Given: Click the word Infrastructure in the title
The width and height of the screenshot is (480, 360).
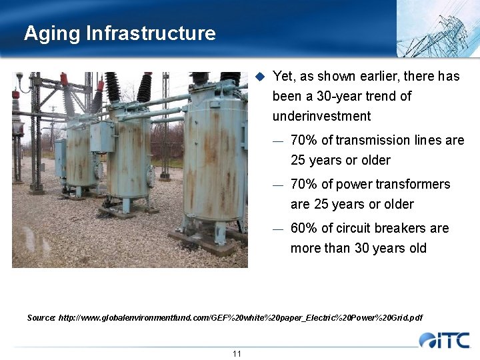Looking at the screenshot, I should click(151, 33).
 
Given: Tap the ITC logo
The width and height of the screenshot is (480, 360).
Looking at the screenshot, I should click(445, 340).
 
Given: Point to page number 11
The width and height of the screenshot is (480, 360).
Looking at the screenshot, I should click(237, 353).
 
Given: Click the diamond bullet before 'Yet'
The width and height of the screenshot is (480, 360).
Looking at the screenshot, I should click(261, 76).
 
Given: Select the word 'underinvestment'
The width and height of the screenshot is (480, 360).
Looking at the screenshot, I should click(321, 116).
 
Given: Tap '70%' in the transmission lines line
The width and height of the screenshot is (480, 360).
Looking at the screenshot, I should click(304, 140).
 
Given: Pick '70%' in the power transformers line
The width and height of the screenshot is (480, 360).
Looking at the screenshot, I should click(304, 184).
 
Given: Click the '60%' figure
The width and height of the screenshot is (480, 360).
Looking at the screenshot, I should click(304, 228).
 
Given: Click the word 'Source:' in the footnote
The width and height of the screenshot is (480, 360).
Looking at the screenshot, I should click(41, 317).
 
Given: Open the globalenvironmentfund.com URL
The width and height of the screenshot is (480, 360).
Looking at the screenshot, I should click(240, 317).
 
